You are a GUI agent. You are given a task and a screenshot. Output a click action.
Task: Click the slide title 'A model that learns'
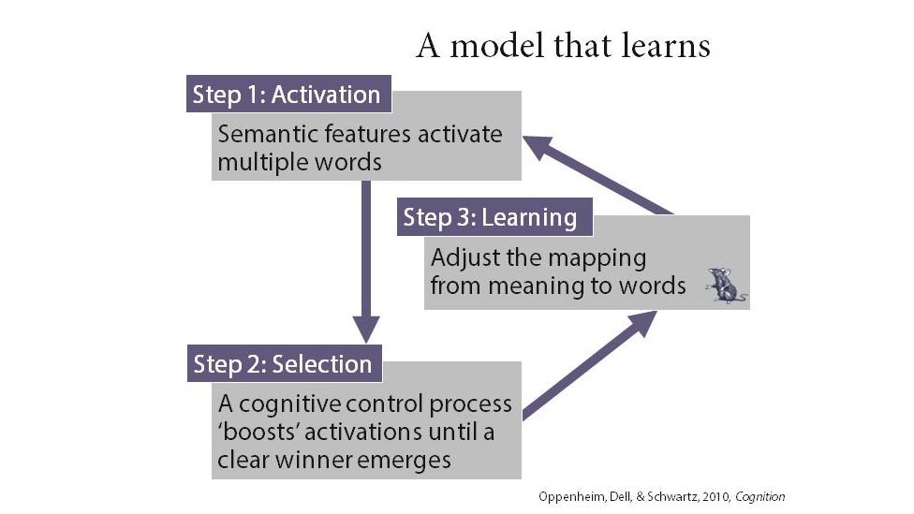563,45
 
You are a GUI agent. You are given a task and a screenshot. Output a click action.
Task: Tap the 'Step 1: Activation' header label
287,95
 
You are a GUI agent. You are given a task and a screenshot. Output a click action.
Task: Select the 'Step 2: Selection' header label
283,364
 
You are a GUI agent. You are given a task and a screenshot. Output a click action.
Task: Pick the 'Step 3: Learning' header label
490,218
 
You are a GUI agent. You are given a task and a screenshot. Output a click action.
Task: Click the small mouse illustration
725,286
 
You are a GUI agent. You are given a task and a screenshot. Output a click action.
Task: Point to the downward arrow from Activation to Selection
366,262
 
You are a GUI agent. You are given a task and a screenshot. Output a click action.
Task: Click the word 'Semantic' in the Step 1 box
258,134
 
